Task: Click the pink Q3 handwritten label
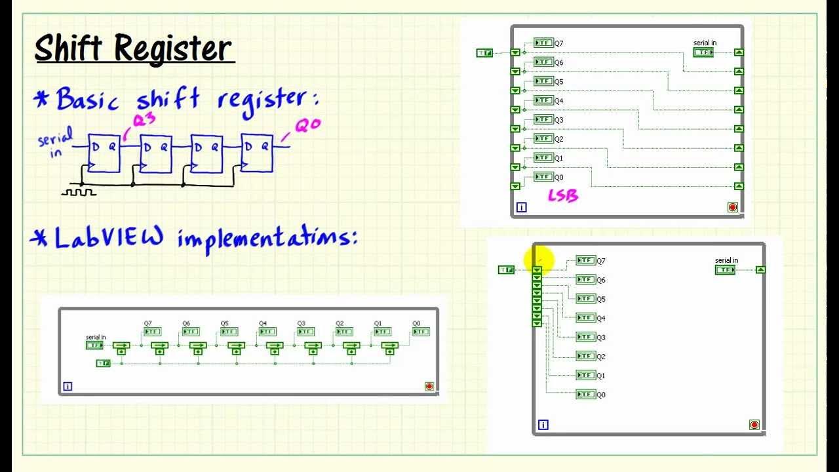click(x=146, y=120)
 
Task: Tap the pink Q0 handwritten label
click(x=308, y=125)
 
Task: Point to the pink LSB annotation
click(x=562, y=195)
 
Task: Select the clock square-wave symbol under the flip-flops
click(x=79, y=192)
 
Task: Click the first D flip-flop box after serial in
click(x=104, y=153)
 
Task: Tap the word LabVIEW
click(x=109, y=237)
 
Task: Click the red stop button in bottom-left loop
click(x=429, y=386)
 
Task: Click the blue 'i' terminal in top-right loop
click(x=522, y=207)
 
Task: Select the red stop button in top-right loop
click(x=733, y=207)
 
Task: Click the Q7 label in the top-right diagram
click(x=559, y=43)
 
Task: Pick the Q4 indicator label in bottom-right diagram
click(x=601, y=319)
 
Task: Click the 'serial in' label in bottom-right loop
click(x=726, y=261)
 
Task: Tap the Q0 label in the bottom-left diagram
click(x=416, y=324)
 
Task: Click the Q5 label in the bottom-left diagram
click(x=224, y=324)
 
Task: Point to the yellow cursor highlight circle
click(x=539, y=261)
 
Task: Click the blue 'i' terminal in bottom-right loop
click(x=543, y=425)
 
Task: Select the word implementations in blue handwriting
click(x=267, y=238)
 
